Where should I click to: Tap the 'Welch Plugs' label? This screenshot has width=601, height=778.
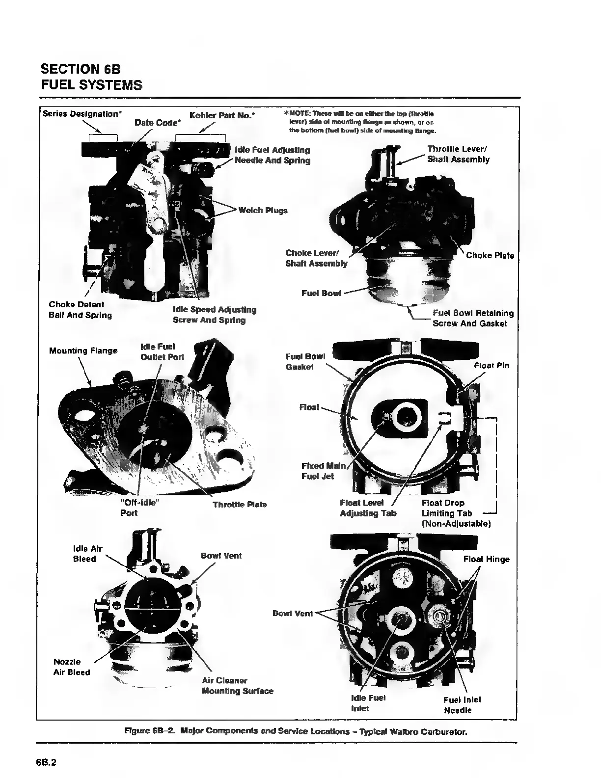[263, 211]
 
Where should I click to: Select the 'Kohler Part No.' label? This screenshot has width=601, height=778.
[221, 114]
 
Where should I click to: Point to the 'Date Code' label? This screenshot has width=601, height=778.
[157, 123]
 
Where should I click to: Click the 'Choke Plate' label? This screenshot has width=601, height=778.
[490, 255]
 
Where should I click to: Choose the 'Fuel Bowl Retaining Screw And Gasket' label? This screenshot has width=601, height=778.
[473, 318]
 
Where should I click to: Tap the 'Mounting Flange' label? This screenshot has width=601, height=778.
[83, 350]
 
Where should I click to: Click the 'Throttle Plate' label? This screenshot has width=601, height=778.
[240, 505]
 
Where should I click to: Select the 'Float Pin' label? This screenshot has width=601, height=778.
[492, 366]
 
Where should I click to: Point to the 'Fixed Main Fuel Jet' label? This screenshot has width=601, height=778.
[323, 471]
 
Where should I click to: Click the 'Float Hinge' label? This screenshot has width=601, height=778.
[486, 559]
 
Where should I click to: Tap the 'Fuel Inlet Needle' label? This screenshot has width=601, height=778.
[462, 705]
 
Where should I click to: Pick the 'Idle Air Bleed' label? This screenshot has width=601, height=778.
[87, 554]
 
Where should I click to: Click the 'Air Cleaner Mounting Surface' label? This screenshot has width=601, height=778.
[237, 686]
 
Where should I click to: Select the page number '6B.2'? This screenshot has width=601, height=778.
[46, 762]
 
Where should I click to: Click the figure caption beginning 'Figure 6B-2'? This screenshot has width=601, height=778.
[295, 732]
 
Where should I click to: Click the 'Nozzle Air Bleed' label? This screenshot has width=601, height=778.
[72, 667]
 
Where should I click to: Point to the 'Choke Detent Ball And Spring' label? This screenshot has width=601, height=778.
[80, 310]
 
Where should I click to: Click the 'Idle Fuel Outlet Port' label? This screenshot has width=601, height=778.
[162, 352]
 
